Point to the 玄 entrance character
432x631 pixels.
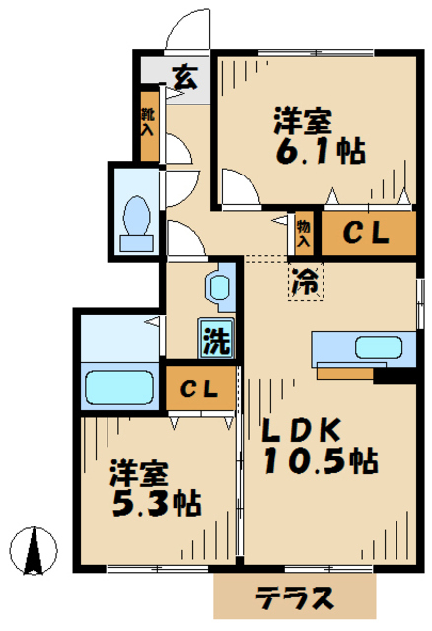coord(184,76)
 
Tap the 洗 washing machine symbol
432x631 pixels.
coord(217,339)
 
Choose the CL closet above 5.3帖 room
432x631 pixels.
coord(200,387)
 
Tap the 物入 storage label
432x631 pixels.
coord(304,234)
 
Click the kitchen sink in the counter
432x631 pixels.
coord(377,347)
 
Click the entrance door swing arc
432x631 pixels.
coord(187,30)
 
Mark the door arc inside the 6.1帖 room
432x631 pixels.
coord(241,187)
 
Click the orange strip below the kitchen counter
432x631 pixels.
coord(345,373)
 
